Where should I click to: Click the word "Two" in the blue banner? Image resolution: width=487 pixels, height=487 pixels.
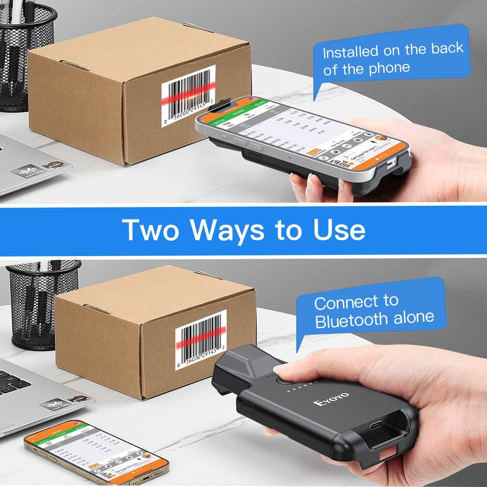(x=151, y=230)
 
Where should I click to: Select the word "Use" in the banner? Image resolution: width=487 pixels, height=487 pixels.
(x=339, y=230)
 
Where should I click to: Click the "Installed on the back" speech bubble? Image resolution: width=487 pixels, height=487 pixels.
(x=392, y=57)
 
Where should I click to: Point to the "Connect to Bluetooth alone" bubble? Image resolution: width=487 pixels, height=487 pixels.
(x=371, y=310)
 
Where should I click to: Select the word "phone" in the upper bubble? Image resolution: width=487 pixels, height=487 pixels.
(x=388, y=68)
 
